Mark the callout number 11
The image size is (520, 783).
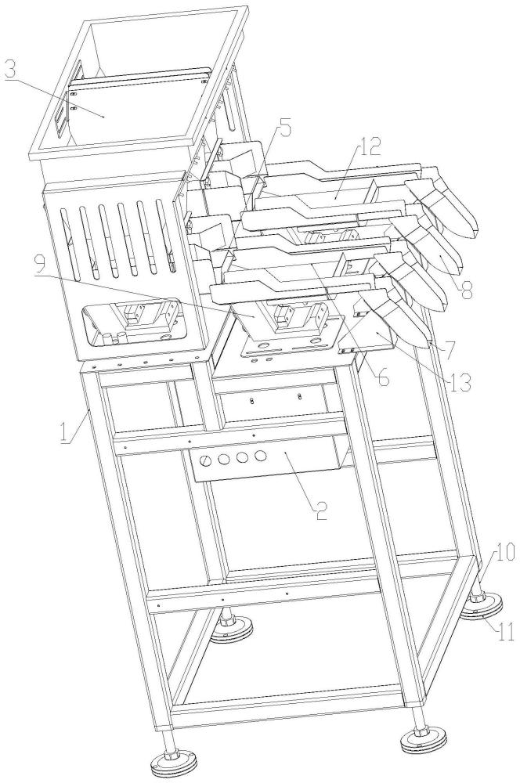[x=506, y=631]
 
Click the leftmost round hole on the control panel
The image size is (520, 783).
[x=204, y=463]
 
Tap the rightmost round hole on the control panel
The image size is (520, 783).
[x=260, y=456]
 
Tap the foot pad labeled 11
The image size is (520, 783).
[x=480, y=608]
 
